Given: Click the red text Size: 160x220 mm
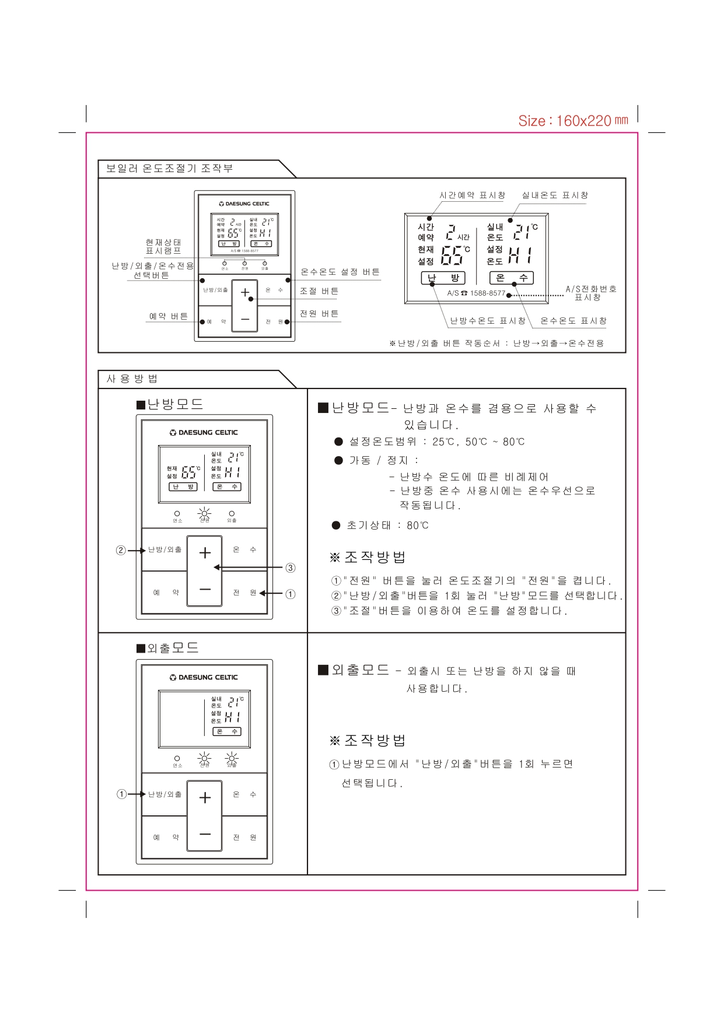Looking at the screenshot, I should pyautogui.click(x=573, y=121).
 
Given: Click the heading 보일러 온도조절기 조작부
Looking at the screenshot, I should pyautogui.click(x=169, y=169).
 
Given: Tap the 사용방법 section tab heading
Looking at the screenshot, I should pyautogui.click(x=132, y=379).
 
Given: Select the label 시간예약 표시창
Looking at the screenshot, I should pyautogui.click(x=472, y=195).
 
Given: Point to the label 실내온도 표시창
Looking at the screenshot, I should pyautogui.click(x=555, y=195).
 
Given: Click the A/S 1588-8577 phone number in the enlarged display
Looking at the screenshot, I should pyautogui.click(x=476, y=293).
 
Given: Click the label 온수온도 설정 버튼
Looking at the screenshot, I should pyautogui.click(x=340, y=272).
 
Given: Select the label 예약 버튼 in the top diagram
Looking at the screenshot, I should pyautogui.click(x=168, y=316).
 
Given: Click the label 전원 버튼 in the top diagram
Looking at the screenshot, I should pyautogui.click(x=319, y=314).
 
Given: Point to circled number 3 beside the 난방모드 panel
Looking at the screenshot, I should pyautogui.click(x=290, y=567).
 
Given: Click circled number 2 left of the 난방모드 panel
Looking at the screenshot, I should pyautogui.click(x=121, y=550).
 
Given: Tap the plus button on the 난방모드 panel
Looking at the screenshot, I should pyautogui.click(x=205, y=553).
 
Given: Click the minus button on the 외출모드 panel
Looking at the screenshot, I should pyautogui.click(x=205, y=834).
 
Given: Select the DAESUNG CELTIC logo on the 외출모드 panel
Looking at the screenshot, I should pyautogui.click(x=204, y=678).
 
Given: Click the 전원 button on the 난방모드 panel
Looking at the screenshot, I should pyautogui.click(x=244, y=593).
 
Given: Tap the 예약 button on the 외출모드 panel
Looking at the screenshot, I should pyautogui.click(x=166, y=838).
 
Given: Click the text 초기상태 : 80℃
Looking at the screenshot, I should pyautogui.click(x=387, y=525).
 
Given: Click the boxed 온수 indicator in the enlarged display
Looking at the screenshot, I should pyautogui.click(x=511, y=278).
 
